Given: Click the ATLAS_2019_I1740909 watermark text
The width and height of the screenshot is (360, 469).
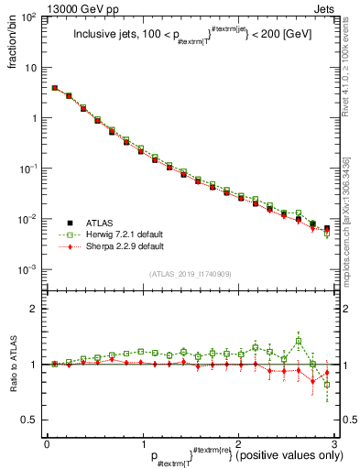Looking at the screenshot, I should (190, 273).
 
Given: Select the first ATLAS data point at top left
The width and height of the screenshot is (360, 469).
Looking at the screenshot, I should (55, 89).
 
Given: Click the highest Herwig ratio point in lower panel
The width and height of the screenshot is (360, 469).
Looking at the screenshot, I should (299, 342).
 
